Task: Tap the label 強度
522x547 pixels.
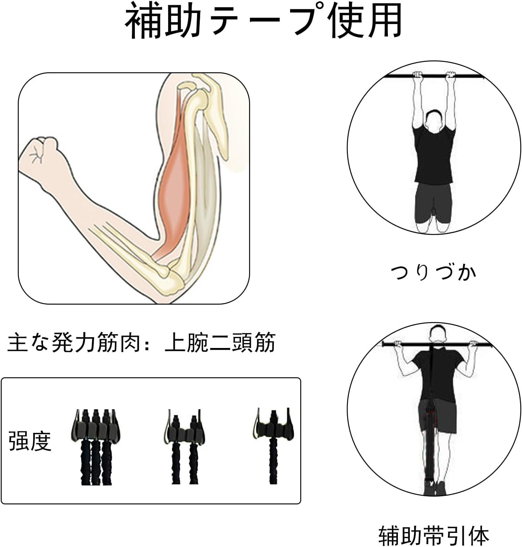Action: (x=30, y=441)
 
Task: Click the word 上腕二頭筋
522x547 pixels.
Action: (x=220, y=342)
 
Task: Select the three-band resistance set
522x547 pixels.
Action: (x=95, y=447)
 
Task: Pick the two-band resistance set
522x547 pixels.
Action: (x=184, y=447)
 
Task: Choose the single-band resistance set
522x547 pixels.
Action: (x=273, y=446)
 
